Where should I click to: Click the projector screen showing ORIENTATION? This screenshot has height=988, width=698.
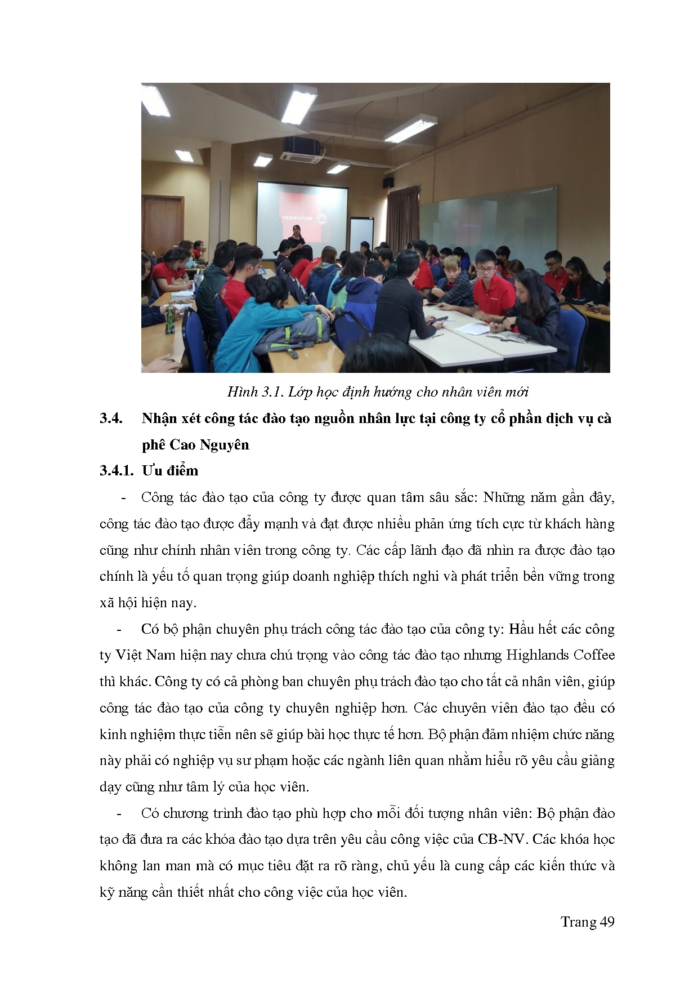click(302, 211)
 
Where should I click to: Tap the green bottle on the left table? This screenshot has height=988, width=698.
click(169, 319)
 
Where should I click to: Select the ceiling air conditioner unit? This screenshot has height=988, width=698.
click(302, 149)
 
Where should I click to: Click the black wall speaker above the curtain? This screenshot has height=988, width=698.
click(388, 182)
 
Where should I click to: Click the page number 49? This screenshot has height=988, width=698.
click(607, 922)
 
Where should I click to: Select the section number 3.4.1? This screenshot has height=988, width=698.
click(116, 471)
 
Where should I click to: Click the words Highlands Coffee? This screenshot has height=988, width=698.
click(560, 655)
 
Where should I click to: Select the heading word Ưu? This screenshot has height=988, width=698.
click(151, 471)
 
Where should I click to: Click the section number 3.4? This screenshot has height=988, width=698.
click(111, 419)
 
